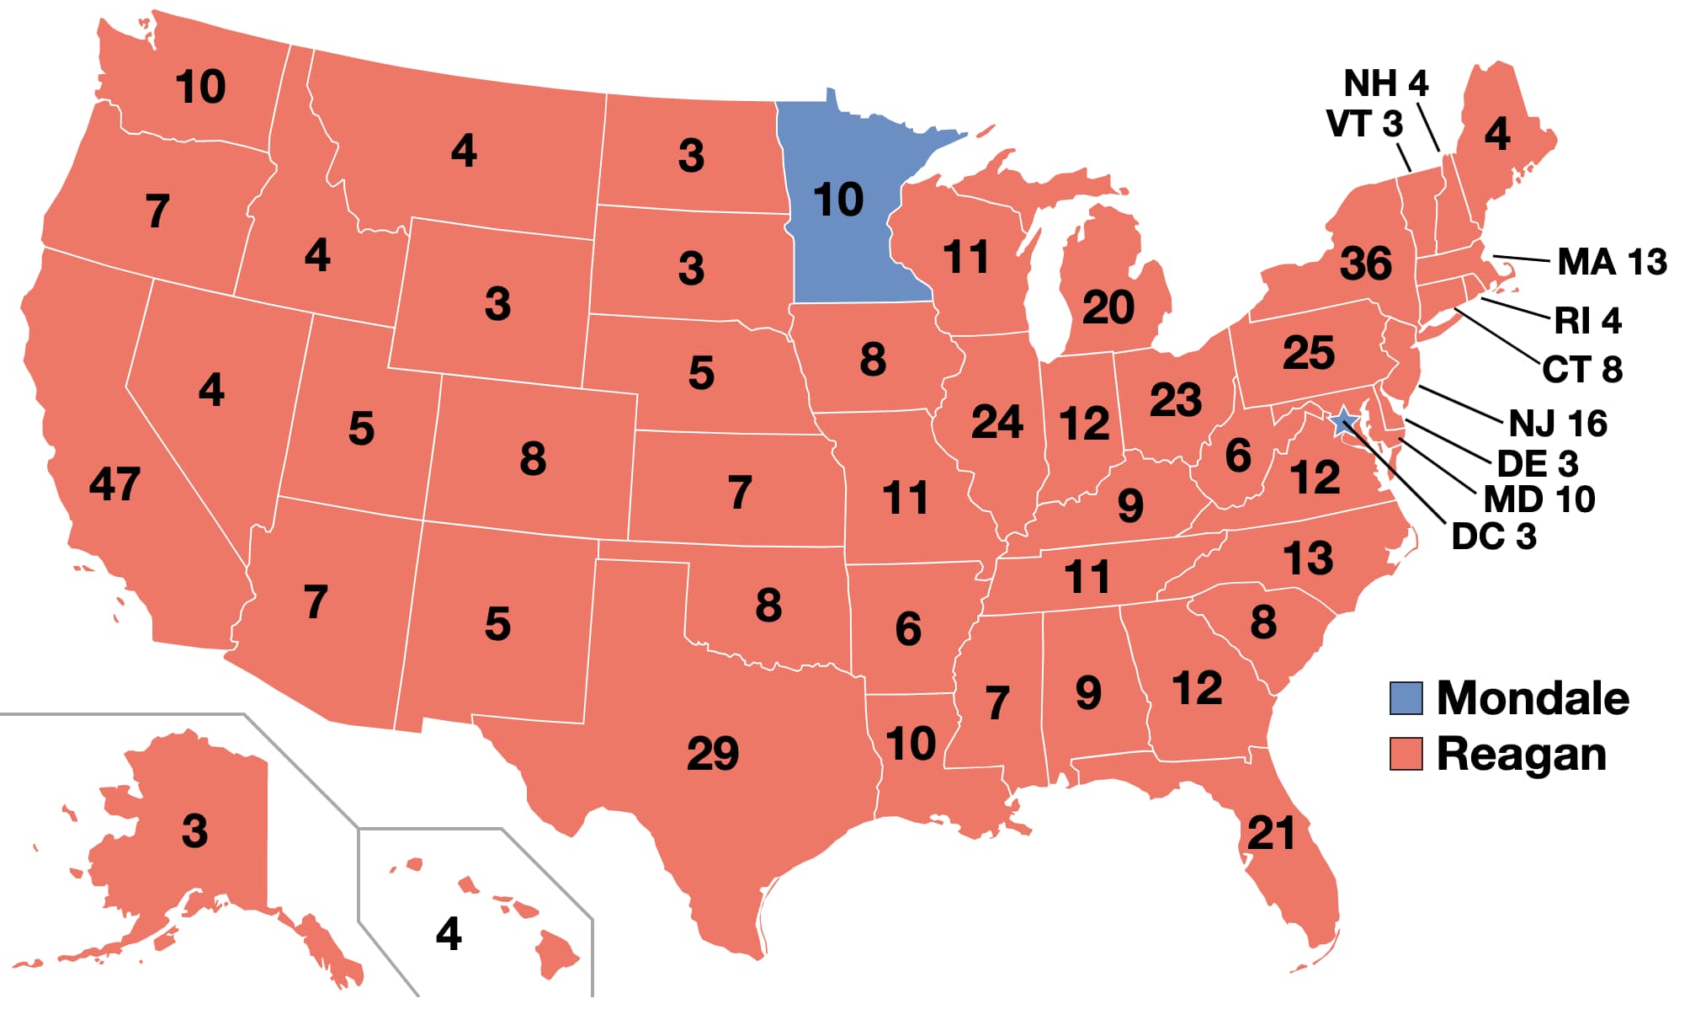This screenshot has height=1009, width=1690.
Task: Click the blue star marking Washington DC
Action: pos(1343,421)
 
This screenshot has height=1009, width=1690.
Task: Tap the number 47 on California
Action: pos(114,484)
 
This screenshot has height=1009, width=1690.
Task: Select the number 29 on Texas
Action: pos(712,753)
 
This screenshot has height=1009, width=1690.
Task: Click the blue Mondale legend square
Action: pos(1406,698)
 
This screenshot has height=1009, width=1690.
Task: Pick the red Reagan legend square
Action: pos(1406,754)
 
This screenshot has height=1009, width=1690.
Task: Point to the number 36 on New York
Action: pos(1365,264)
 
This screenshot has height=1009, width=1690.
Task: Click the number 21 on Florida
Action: pos(1271,834)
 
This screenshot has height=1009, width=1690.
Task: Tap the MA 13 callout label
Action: pos(1611,262)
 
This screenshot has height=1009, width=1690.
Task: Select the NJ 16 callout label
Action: pos(1557,424)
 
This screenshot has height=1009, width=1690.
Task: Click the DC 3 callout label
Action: pos(1494,537)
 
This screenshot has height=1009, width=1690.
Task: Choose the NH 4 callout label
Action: pos(1385,83)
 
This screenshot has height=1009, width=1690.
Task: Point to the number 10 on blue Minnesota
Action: pos(838,200)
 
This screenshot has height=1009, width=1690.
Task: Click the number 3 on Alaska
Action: pos(194,831)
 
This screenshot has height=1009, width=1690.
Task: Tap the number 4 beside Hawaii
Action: pos(449,933)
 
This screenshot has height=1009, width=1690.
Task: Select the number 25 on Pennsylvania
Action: pos(1308,353)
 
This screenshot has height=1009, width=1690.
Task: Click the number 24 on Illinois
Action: pos(996,421)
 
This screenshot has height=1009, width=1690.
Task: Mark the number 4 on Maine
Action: pos(1496,134)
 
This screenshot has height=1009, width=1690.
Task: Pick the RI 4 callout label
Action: pos(1587,321)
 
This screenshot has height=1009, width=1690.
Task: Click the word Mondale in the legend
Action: pos(1532,698)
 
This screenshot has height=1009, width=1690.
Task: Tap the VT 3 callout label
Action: pos(1364,125)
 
